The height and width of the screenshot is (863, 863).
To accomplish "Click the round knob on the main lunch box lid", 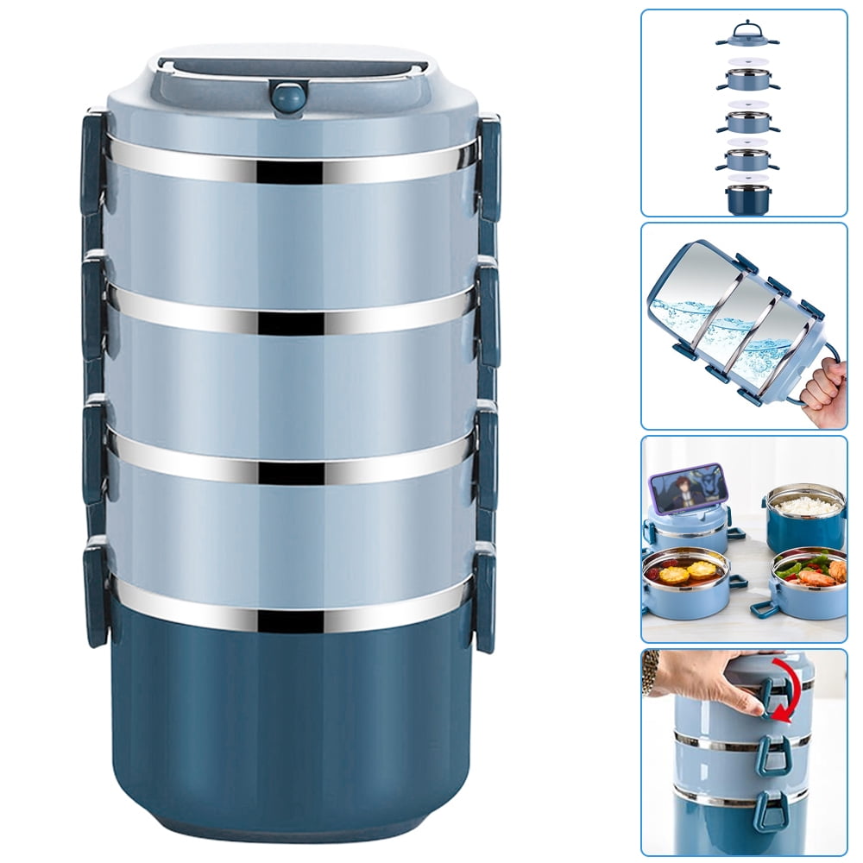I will [288, 96].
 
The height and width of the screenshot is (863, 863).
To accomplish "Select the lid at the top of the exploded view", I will [746, 35].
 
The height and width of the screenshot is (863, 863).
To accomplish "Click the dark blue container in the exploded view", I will [747, 198].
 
